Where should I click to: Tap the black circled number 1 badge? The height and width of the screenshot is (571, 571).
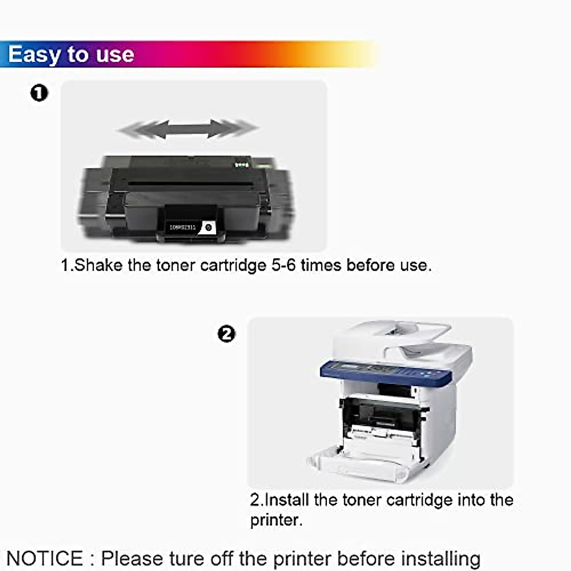pos(39,93)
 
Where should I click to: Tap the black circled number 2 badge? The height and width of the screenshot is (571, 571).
pos(226,334)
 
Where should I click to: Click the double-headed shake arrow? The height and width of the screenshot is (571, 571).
pos(188,128)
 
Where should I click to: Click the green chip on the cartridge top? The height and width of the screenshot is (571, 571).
pos(242,165)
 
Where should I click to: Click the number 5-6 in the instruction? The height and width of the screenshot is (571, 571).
pos(284,265)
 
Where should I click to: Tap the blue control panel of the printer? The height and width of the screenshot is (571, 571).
pos(385,372)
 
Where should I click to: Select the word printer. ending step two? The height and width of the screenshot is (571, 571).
pos(276,520)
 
